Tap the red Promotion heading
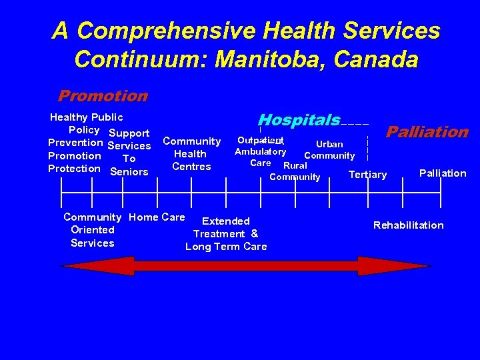pos(103,96)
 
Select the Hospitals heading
pos(299,121)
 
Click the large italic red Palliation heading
pos(427,132)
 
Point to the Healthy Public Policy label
pos(86,123)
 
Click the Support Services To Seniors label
pos(129,153)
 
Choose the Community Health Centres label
pos(191,153)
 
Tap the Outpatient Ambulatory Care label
pos(261,151)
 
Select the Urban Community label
pos(329,150)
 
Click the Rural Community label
pos(295,171)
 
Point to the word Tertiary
pos(367,175)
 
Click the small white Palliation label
pos(443,173)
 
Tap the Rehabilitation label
pos(408,225)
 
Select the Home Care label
pos(157,217)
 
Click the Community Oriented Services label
pos(92,230)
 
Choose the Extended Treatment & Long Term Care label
pos(226,234)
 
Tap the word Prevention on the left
pos(75,143)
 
